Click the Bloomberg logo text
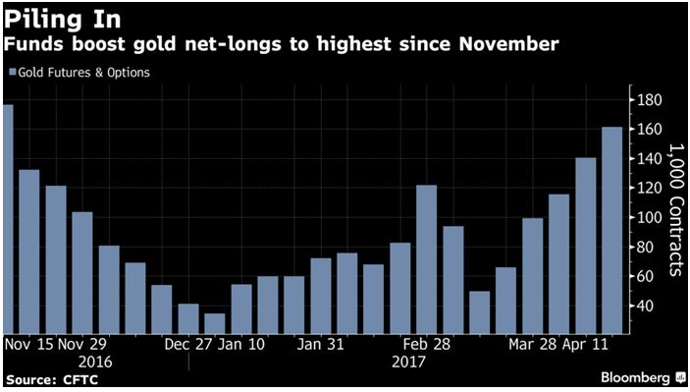coord(635,377)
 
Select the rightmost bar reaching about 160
coord(611,230)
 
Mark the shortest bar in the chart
coord(214,323)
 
